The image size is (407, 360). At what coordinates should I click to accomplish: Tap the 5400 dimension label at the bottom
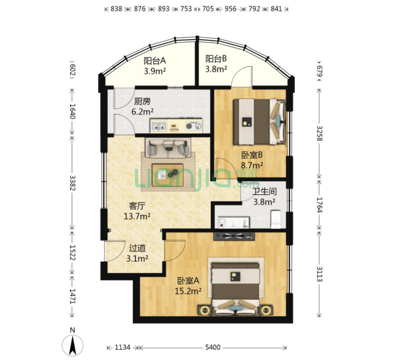click(213, 347)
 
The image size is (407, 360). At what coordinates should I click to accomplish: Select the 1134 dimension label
click(123, 347)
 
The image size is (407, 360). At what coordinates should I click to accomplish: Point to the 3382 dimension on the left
click(72, 183)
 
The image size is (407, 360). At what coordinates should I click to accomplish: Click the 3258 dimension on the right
click(319, 133)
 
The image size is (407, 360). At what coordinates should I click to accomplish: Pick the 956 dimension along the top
click(230, 9)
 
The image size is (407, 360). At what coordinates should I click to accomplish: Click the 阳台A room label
click(155, 61)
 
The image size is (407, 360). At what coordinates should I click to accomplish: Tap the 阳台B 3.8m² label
click(216, 64)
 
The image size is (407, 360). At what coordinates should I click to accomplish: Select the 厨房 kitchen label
click(142, 101)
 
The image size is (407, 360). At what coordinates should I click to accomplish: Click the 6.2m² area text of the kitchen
click(142, 112)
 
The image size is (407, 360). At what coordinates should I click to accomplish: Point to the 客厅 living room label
click(137, 206)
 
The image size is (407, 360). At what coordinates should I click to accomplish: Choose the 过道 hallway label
click(137, 248)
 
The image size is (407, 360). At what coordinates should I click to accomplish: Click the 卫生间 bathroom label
click(264, 191)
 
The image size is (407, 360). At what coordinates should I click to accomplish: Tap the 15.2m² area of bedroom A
click(188, 291)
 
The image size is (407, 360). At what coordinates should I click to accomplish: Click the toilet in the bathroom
click(276, 220)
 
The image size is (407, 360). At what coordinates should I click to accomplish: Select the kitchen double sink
click(159, 126)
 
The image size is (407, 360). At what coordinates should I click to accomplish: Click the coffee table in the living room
click(168, 175)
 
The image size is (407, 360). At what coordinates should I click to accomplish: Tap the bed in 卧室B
click(259, 121)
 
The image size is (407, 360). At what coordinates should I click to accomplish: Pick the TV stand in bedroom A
click(234, 236)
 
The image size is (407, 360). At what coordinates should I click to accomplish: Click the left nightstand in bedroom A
click(204, 310)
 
